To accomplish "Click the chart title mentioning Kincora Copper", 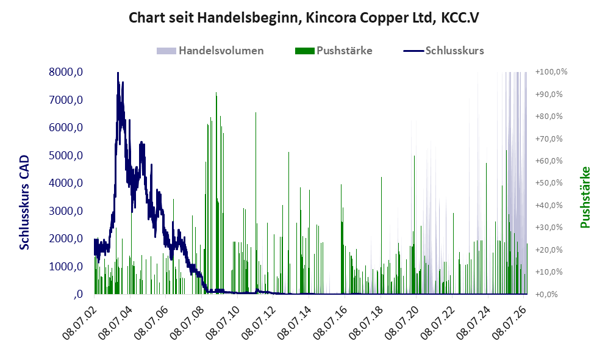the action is (x=304, y=18).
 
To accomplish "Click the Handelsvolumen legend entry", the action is (x=210, y=51).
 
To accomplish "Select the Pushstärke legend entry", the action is (x=334, y=51).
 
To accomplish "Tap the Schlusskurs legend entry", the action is (x=443, y=51).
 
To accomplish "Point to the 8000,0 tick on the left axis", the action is (x=66, y=72).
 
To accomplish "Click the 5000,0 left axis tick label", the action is (x=66, y=156).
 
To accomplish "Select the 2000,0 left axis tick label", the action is (x=66, y=239).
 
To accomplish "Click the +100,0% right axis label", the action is (x=551, y=72).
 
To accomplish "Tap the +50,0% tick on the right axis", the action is (x=549, y=182).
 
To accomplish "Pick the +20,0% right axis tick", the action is (x=549, y=250).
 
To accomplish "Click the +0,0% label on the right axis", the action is (x=547, y=294).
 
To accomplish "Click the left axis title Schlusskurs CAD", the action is (x=24, y=202).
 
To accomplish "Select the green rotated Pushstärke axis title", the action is (x=585, y=197).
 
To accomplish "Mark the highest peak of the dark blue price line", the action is (x=118, y=73).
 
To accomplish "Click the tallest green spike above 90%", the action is (x=216, y=93).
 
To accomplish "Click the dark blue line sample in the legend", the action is (x=413, y=51).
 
